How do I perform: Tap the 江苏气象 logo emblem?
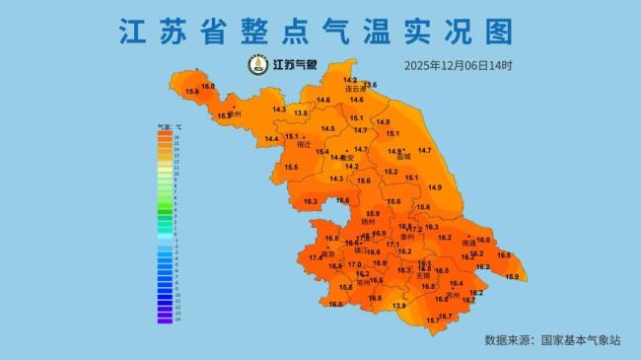pos(258,65)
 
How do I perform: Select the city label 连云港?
pos(354,89)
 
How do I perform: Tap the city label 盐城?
pos(402,156)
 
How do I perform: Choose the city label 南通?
pos(468,242)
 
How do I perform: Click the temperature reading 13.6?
pos(370,85)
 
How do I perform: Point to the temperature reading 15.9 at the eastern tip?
pos(511,277)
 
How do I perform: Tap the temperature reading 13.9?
pos(398,306)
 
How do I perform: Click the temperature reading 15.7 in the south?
pos(432,321)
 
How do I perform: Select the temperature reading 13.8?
pos(301,113)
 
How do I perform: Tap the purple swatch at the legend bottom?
pos(165,319)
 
